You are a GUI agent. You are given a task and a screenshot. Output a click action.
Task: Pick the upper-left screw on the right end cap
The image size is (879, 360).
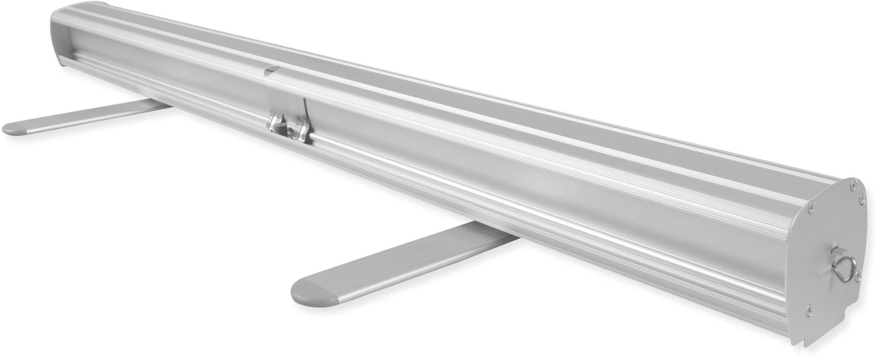(811, 206)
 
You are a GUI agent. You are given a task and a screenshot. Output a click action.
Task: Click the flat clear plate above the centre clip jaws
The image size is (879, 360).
(287, 103)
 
